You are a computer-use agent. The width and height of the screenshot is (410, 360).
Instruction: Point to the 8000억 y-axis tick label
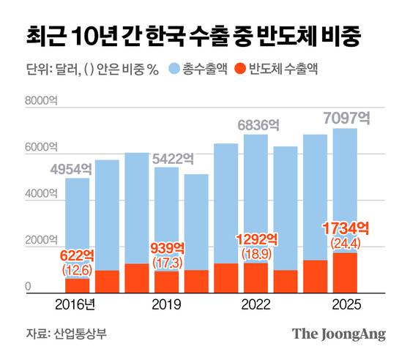pyautogui.click(x=40, y=101)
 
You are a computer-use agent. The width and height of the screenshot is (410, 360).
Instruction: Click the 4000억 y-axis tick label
pyautogui.click(x=40, y=195)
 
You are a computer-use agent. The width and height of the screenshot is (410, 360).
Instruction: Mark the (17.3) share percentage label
pyautogui.click(x=167, y=260)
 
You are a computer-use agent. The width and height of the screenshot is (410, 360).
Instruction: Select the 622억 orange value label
pyautogui.click(x=78, y=255)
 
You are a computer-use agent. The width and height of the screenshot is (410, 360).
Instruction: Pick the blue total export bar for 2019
pyautogui.click(x=167, y=220)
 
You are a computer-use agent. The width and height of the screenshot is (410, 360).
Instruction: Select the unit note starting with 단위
pyautogui.click(x=92, y=70)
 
